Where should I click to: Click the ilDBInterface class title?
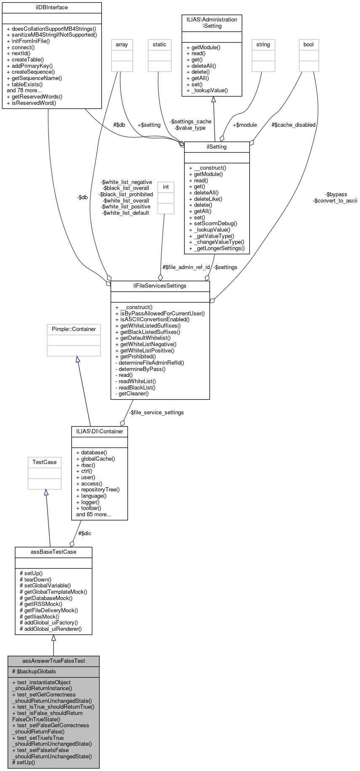point(52,8)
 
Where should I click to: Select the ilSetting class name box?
point(217,147)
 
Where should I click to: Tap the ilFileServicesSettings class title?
point(160,286)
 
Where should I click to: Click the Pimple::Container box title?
point(74,329)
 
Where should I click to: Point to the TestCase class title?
point(45,462)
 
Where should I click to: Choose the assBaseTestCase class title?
point(53,552)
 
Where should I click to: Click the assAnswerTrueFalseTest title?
point(53,661)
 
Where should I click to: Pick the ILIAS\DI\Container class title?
point(100,432)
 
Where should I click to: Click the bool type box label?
point(309,45)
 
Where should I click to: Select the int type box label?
point(166,187)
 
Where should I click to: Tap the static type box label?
point(160,45)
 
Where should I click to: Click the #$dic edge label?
point(85,534)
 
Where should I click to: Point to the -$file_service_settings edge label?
point(156,413)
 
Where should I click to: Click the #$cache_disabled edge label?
point(293,125)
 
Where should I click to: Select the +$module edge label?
point(245,125)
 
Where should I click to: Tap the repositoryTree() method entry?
point(100,490)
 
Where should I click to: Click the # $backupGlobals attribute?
point(34,672)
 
